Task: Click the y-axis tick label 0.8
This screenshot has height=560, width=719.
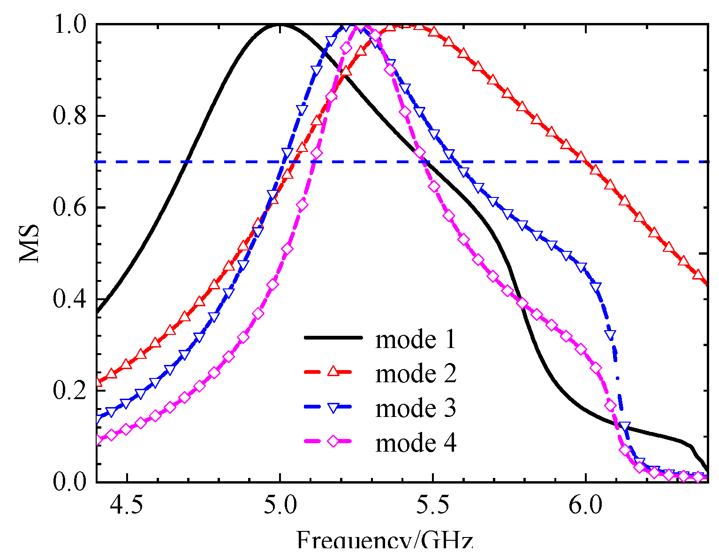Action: pyautogui.click(x=70, y=116)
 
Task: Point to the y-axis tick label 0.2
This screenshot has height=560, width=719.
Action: pyautogui.click(x=70, y=391)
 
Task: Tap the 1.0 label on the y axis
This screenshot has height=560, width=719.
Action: pyautogui.click(x=70, y=24)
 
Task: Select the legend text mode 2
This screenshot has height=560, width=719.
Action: pyautogui.click(x=416, y=374)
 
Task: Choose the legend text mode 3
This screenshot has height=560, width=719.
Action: pyautogui.click(x=416, y=408)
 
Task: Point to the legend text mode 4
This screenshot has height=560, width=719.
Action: pyautogui.click(x=416, y=443)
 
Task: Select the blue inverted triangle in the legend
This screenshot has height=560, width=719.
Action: pyautogui.click(x=333, y=407)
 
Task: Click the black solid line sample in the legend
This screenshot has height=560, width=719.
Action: pyautogui.click(x=333, y=337)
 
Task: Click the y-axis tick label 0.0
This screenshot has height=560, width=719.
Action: pyautogui.click(x=70, y=483)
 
